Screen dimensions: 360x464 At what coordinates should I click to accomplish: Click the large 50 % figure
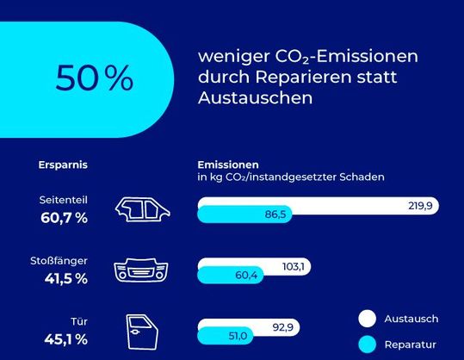click(x=95, y=78)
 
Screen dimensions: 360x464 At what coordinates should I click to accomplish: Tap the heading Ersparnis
click(x=64, y=164)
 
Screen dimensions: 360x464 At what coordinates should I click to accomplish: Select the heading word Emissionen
click(x=228, y=164)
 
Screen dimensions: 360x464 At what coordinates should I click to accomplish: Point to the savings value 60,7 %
click(x=64, y=218)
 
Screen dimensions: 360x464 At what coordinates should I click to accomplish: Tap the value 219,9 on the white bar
click(x=421, y=206)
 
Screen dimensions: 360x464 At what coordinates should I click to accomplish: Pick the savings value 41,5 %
click(x=64, y=278)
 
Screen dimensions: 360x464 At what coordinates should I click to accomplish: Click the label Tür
click(x=79, y=320)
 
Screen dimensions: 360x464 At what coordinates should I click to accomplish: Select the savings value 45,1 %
click(x=64, y=338)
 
